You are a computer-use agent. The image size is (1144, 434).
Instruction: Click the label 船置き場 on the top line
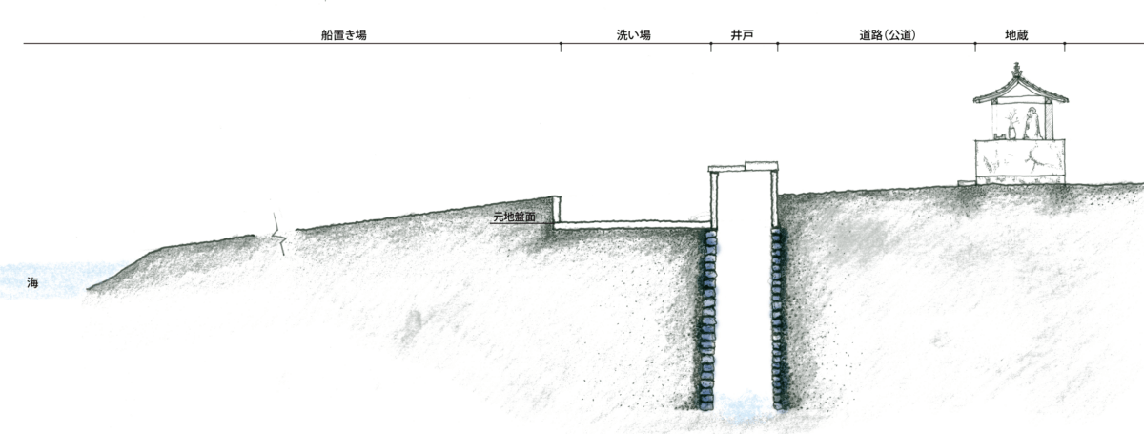point(344,34)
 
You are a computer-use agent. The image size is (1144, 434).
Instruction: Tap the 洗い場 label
point(633,34)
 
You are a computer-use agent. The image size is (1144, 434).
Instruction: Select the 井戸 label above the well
point(742,34)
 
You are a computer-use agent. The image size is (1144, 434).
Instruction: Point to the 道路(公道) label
point(888,34)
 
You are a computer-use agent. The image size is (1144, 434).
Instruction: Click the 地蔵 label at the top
point(1016,34)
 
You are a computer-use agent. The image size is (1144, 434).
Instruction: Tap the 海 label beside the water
point(32,282)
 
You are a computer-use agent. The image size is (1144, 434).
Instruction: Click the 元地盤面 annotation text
point(514,217)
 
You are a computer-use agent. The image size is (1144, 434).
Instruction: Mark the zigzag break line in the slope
point(278,234)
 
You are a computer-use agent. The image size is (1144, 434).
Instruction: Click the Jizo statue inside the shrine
point(1032,123)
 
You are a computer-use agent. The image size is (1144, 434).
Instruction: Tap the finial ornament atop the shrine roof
point(1017,70)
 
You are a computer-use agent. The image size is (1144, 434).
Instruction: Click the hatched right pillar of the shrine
point(1049,119)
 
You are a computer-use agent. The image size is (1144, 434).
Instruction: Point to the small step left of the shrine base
point(967,182)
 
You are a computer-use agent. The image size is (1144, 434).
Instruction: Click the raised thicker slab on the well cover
point(762,166)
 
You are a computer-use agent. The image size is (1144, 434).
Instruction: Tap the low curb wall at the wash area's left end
point(557,209)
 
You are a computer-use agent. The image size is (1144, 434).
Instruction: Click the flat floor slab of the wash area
point(632,225)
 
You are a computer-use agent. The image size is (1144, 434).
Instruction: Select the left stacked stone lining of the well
point(707,320)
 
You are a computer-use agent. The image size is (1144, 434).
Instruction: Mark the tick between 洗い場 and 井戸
point(711,47)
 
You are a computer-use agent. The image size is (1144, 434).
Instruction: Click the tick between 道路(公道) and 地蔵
point(975,47)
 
